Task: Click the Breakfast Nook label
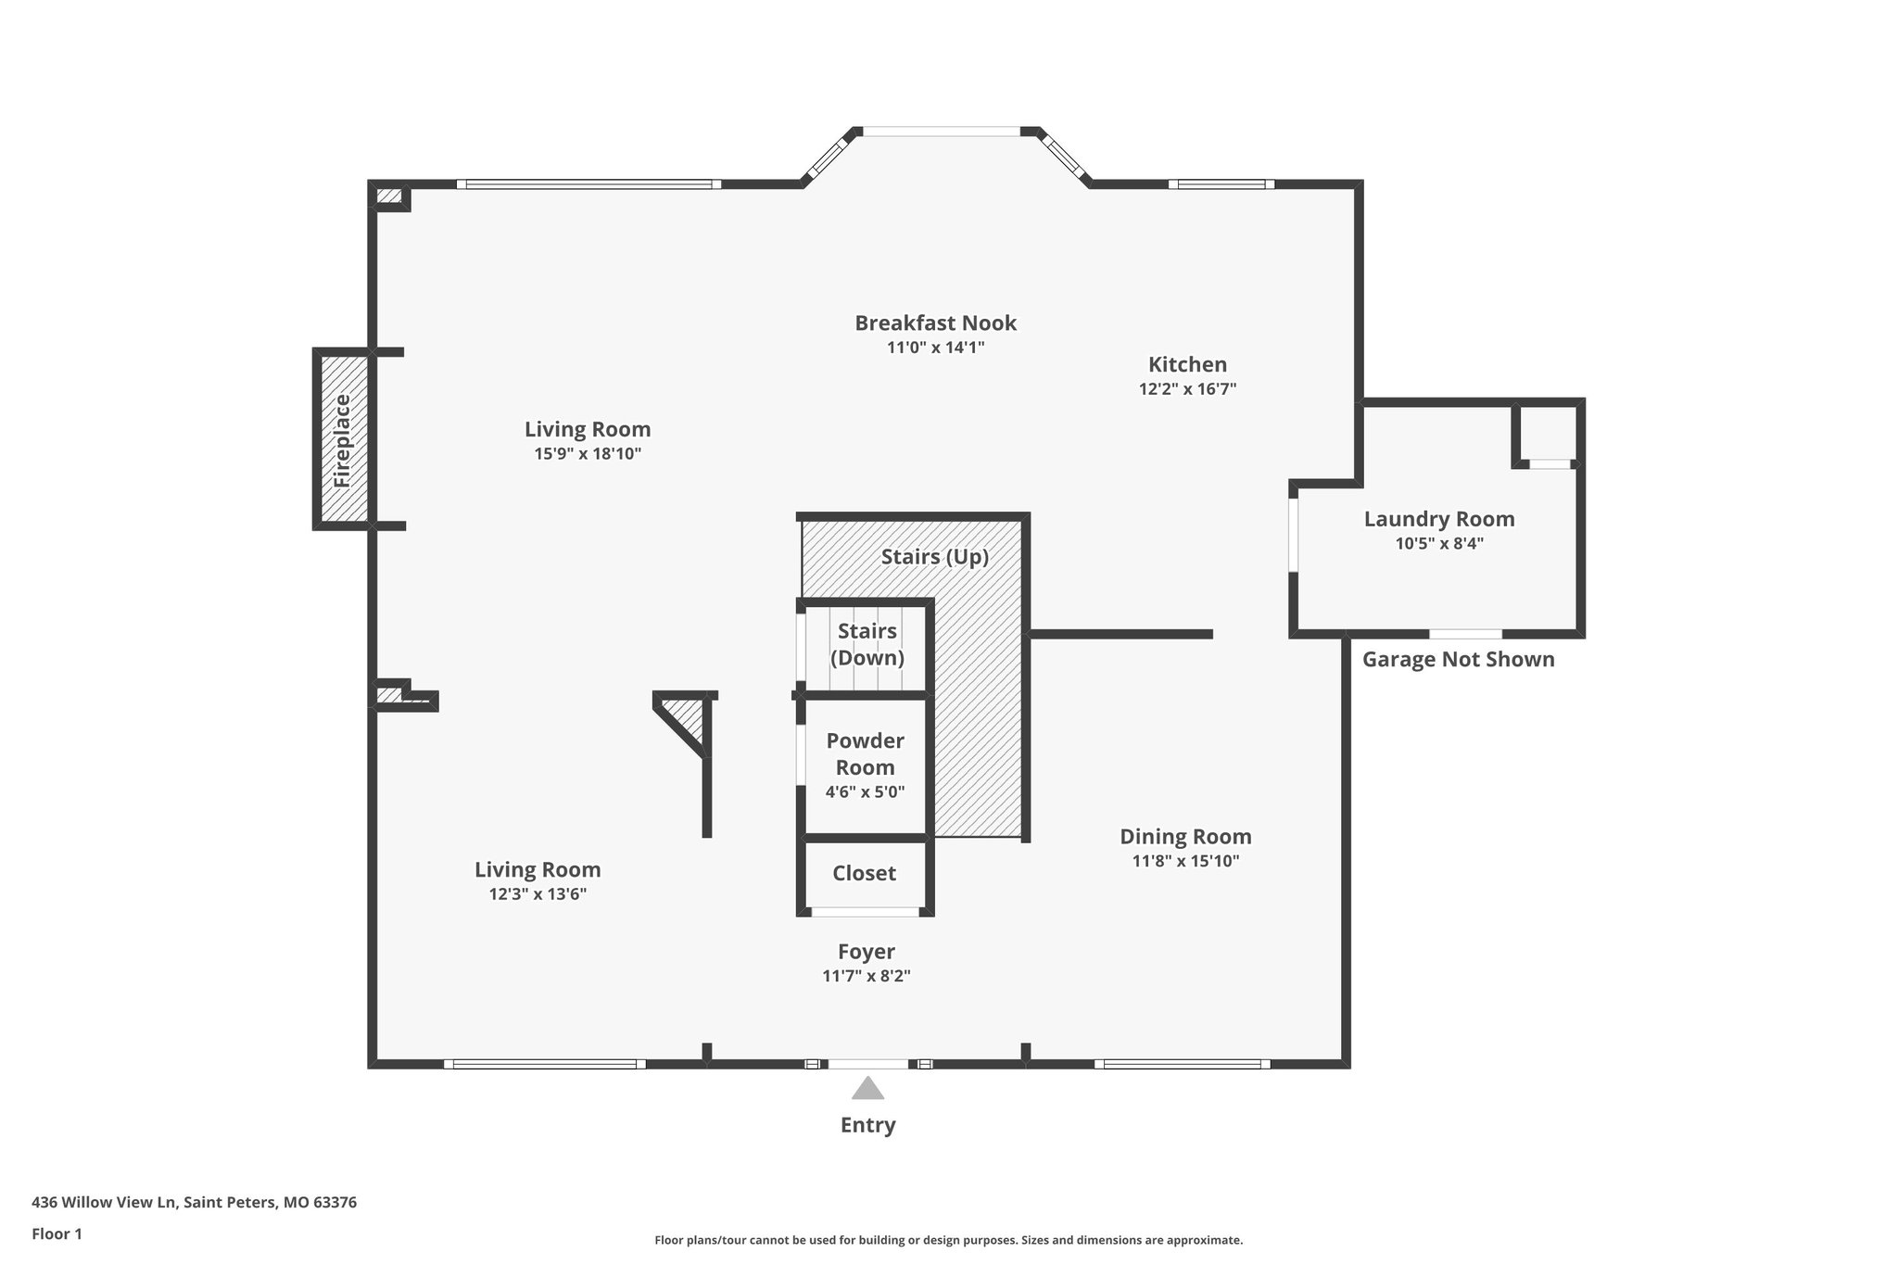point(935,323)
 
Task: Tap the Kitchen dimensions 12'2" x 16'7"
point(1187,389)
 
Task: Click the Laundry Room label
point(1438,519)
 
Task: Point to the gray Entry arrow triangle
point(867,1088)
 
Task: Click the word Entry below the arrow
point(867,1125)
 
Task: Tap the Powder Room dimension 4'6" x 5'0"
point(865,792)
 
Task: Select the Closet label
point(864,873)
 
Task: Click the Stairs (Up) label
point(934,557)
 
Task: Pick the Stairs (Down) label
point(867,644)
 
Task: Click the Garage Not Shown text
point(1458,660)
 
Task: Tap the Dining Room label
point(1185,837)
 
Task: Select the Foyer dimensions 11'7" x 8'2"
point(866,976)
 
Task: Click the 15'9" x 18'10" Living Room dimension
point(588,454)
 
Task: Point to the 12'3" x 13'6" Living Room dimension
point(538,894)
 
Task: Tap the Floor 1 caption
point(57,1234)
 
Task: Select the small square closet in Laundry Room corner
point(1546,432)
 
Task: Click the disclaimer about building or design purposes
point(948,1240)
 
